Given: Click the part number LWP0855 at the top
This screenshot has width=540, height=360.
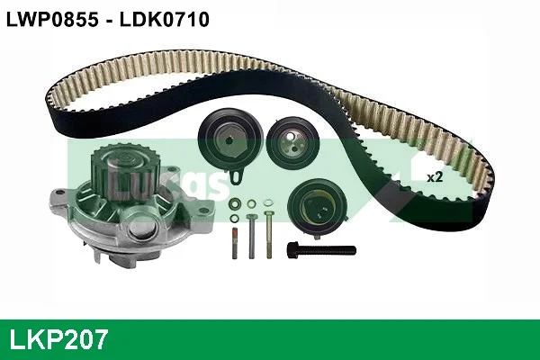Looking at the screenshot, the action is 52,19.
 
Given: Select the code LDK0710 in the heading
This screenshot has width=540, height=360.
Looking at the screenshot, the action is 165,19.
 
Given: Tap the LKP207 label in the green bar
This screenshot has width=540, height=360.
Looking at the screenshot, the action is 58,339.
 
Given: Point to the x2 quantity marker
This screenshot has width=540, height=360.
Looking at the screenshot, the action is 435,177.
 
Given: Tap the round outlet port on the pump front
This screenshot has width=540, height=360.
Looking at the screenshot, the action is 144,229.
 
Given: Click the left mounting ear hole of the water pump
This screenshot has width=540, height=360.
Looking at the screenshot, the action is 60,193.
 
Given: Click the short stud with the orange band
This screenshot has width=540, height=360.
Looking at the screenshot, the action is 235,243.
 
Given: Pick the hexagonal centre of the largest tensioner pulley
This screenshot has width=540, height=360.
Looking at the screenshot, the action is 229,140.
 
